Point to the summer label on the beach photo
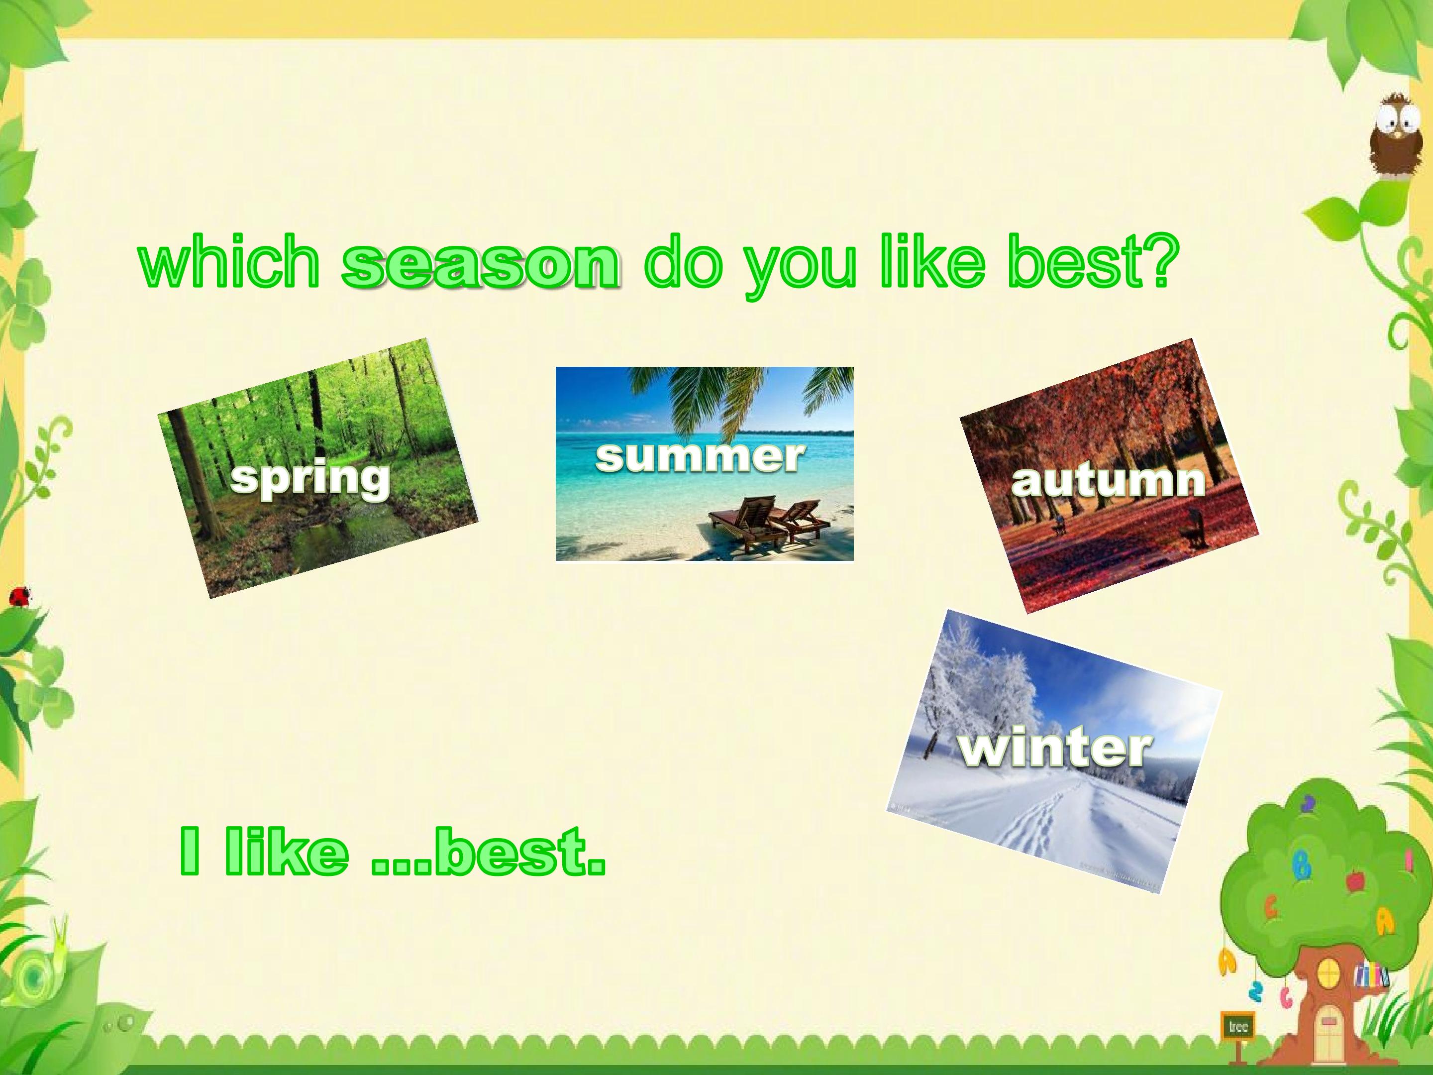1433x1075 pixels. point(700,457)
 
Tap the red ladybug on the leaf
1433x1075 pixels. point(20,597)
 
